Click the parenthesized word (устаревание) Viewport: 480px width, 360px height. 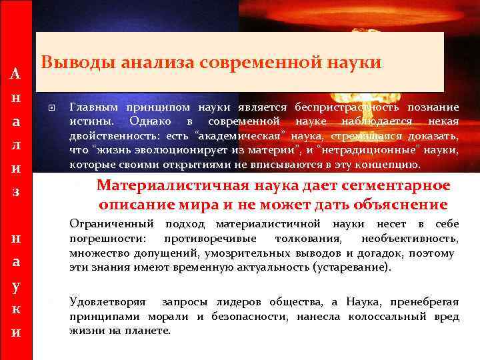[351, 267]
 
